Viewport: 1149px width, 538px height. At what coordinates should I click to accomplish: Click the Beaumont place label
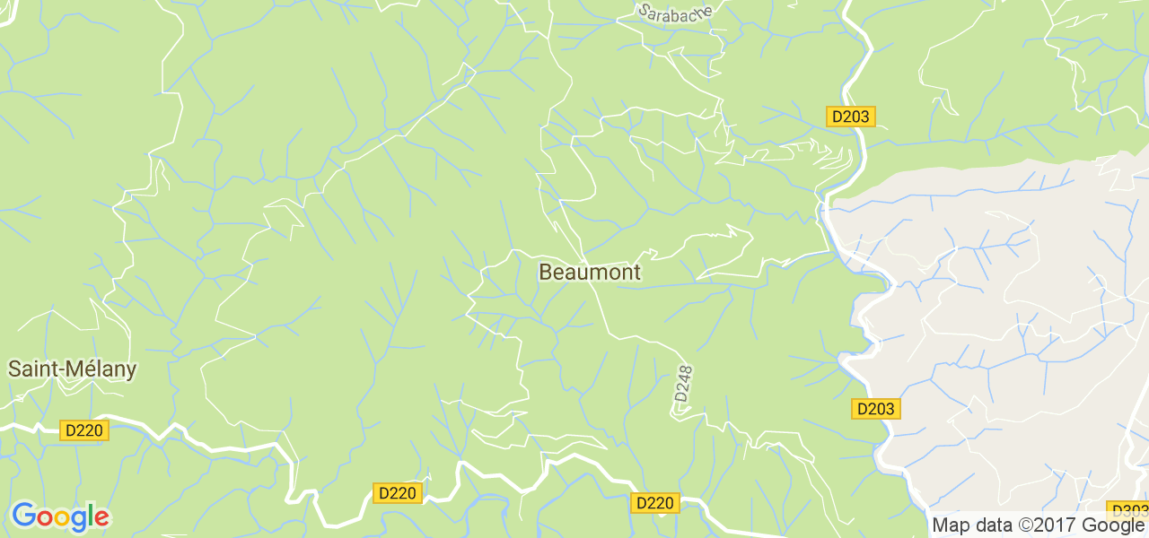(x=590, y=272)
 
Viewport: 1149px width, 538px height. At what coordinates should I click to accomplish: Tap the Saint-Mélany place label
(x=73, y=369)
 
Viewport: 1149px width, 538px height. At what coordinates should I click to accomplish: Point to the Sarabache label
(x=675, y=12)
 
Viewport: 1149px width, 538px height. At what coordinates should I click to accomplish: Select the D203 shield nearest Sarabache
(x=850, y=117)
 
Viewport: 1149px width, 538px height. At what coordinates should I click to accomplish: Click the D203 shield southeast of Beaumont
(x=875, y=409)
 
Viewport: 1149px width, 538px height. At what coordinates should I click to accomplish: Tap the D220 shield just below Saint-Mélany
(x=84, y=430)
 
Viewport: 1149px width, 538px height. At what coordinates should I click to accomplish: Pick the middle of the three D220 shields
(x=397, y=493)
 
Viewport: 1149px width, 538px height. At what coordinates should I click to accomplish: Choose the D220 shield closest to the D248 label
(x=654, y=503)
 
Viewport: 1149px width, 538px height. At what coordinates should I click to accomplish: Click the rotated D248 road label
(x=684, y=383)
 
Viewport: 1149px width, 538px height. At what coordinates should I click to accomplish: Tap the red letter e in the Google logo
(x=101, y=518)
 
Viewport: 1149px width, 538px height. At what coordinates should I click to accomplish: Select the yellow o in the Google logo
(x=60, y=518)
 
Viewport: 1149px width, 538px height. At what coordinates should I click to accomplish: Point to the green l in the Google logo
(x=91, y=516)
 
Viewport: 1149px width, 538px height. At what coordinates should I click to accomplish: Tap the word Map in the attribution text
(x=950, y=525)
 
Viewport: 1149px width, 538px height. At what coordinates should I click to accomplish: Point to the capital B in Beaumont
(x=546, y=272)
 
